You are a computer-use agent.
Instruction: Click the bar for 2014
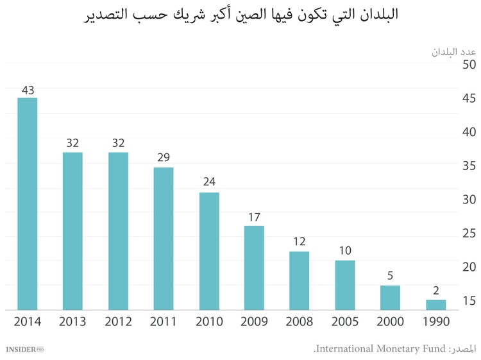coord(27,204)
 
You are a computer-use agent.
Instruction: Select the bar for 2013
coord(72,231)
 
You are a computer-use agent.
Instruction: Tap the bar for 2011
coord(164,239)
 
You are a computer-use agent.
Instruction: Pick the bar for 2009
coord(254,268)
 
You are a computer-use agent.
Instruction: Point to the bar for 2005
coord(345,285)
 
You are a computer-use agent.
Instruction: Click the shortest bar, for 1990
coord(435,305)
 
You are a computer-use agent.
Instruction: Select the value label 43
coord(27,90)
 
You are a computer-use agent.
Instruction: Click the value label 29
coord(164,158)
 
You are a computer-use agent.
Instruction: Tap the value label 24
coord(209,182)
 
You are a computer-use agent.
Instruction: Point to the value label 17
coord(254,217)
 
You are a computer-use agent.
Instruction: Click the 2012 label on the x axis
coord(118,321)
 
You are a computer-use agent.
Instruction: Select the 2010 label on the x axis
coord(209,321)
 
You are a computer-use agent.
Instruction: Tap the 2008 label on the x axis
coord(300,321)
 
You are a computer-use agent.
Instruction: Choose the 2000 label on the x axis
coord(390,321)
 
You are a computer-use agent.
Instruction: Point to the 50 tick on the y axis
coord(469,65)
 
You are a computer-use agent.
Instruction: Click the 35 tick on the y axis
coord(469,166)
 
